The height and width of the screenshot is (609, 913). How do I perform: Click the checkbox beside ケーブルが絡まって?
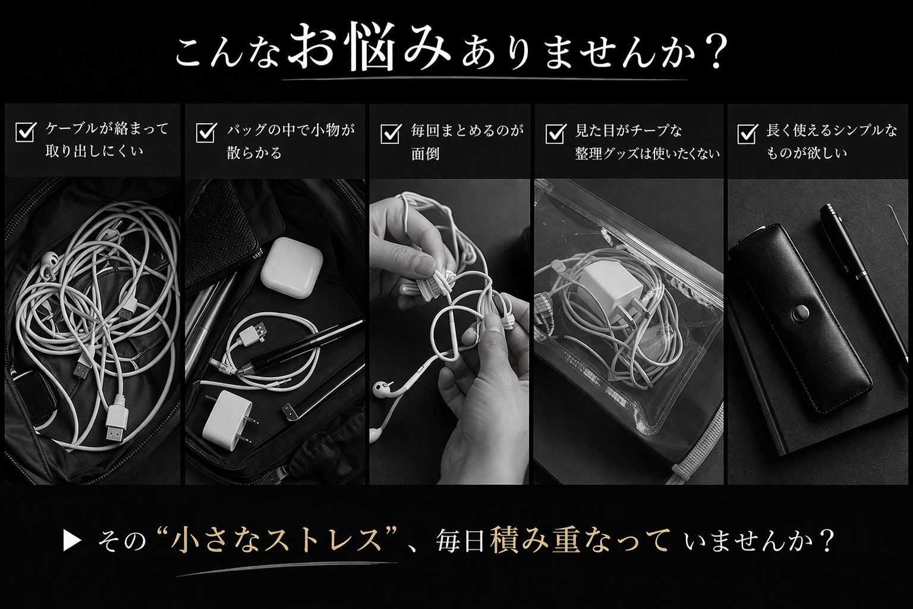click(x=25, y=132)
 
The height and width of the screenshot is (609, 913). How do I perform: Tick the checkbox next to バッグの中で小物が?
click(x=206, y=133)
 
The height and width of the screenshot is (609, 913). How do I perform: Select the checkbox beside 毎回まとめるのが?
click(x=390, y=133)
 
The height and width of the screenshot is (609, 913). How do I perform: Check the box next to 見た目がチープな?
click(x=556, y=133)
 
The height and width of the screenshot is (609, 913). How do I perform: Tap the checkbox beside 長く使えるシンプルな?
click(x=748, y=133)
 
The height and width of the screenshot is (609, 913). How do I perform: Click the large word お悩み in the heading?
click(x=369, y=47)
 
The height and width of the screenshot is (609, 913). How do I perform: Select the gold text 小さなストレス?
click(x=276, y=541)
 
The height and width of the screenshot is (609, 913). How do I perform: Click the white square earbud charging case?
click(x=292, y=268)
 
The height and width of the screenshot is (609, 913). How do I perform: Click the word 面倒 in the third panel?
click(x=425, y=154)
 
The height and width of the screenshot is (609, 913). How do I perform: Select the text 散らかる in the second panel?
click(x=254, y=153)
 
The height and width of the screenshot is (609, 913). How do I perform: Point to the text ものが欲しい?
click(x=807, y=153)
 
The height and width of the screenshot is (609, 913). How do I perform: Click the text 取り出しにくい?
click(x=94, y=152)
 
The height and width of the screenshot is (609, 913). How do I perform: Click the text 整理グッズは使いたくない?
click(x=647, y=154)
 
